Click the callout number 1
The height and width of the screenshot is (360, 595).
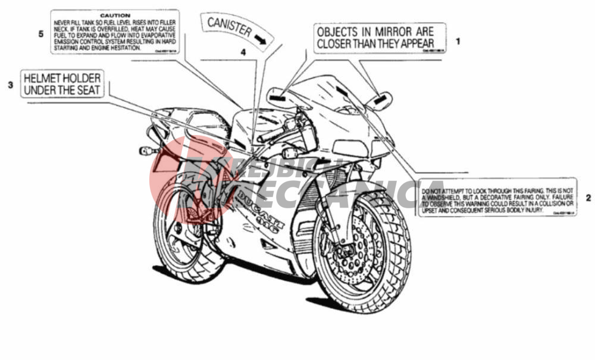pos(458,42)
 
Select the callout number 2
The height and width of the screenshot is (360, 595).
pos(588,198)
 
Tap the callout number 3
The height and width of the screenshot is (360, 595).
pos(10,85)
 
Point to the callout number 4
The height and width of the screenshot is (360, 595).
pos(243,52)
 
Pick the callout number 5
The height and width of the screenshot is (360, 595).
pos(41,34)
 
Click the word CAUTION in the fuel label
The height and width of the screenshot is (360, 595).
pos(115,14)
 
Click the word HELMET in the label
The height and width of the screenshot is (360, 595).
pos(43,78)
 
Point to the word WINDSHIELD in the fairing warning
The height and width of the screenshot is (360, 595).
pos(444,196)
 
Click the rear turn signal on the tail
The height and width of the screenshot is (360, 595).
pos(146,151)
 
